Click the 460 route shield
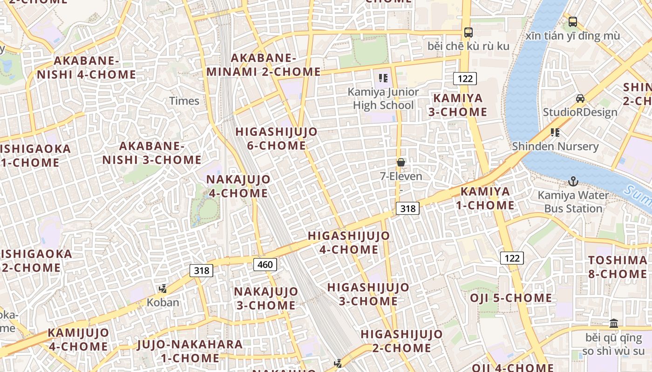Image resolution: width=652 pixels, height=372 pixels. [x=265, y=265]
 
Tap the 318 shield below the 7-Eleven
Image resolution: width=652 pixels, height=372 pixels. [x=407, y=208]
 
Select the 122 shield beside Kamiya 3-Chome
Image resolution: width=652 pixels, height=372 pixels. [x=465, y=78]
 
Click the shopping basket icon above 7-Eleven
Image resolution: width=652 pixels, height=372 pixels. [x=401, y=162]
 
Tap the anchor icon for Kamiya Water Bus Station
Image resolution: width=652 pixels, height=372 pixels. [x=573, y=181]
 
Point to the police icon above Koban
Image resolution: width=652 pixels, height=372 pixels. [x=163, y=289]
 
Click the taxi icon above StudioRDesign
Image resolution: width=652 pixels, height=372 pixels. [x=580, y=98]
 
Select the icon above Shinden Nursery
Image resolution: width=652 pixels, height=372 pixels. [x=555, y=133]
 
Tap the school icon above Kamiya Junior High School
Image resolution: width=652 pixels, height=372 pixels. [x=383, y=78]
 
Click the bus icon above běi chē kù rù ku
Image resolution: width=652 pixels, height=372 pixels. [x=469, y=33]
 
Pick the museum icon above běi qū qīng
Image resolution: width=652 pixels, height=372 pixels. [x=614, y=323]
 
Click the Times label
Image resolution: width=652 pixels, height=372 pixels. [x=184, y=101]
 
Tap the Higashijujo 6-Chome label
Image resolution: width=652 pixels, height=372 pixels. [x=276, y=139]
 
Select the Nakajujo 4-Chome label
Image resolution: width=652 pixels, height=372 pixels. [x=238, y=186]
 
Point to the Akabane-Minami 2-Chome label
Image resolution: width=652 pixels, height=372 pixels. [x=264, y=65]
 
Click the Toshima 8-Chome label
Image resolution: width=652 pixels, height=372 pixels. [x=618, y=267]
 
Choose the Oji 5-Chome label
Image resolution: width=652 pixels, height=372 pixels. [x=511, y=298]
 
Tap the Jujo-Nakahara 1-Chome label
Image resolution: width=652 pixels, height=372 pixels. [x=190, y=351]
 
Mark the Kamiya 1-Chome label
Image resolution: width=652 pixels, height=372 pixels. [x=487, y=198]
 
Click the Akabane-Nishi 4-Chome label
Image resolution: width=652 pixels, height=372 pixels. [x=87, y=67]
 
